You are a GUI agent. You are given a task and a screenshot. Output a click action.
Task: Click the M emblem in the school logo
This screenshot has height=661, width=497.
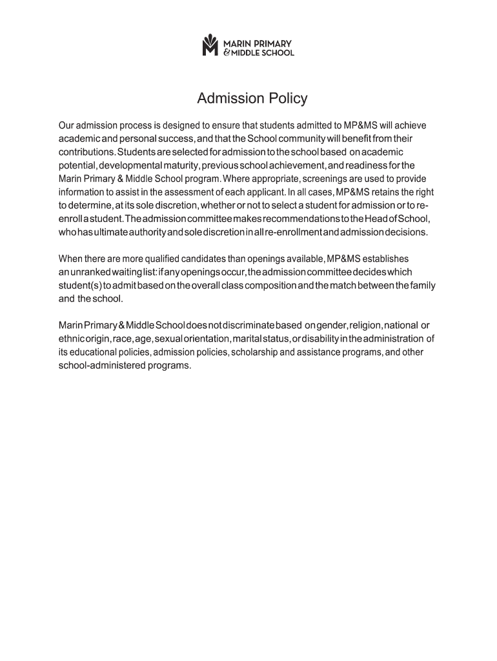[x=211, y=45]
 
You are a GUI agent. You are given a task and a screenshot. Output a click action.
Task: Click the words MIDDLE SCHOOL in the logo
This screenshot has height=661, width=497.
[x=263, y=53]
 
